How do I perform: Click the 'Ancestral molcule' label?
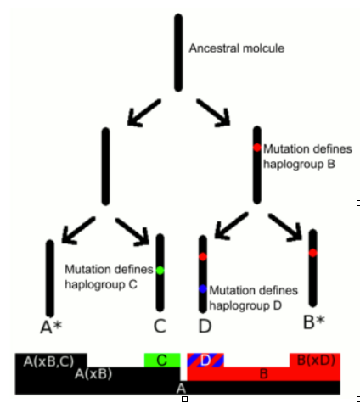(x=237, y=48)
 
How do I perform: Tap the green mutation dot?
(x=160, y=271)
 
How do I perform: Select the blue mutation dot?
(x=203, y=289)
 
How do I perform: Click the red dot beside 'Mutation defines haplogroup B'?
(x=257, y=148)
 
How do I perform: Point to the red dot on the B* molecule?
(x=312, y=253)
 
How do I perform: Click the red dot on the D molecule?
(x=203, y=256)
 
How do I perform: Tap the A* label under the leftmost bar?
(x=51, y=327)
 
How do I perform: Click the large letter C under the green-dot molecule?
(x=160, y=326)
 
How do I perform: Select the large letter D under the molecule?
(x=205, y=326)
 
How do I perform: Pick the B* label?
(x=314, y=322)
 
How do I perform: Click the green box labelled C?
(x=162, y=360)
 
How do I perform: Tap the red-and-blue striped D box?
(x=205, y=360)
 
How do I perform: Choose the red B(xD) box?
(x=315, y=360)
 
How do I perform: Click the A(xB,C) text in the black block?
(x=48, y=361)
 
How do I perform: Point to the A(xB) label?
(x=93, y=374)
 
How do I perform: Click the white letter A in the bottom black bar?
(x=181, y=388)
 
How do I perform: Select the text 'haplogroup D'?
(x=245, y=305)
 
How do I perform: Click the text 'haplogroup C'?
(x=101, y=284)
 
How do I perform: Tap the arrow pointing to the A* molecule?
(x=78, y=230)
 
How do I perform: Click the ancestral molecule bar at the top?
(x=178, y=53)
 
